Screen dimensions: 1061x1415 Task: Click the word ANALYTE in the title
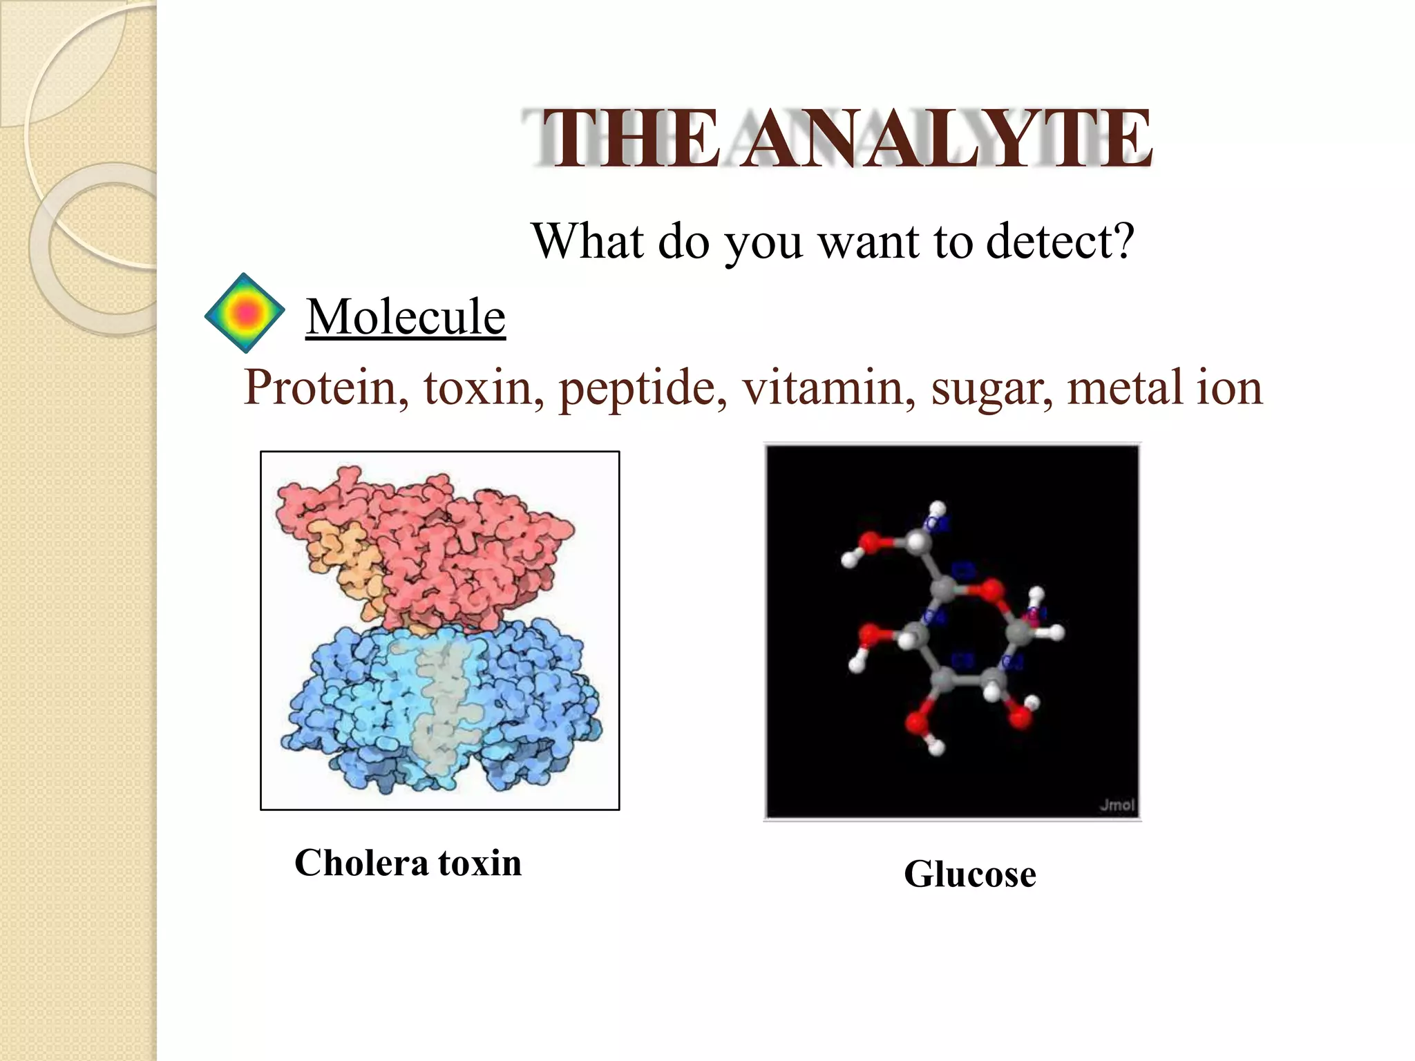tap(947, 140)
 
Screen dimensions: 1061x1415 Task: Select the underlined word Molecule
tap(406, 317)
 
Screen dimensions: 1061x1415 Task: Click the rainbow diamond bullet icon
tap(245, 314)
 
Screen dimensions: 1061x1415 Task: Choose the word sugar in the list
tap(991, 389)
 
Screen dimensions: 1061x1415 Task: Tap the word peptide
tap(643, 389)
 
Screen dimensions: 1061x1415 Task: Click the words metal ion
tap(1164, 388)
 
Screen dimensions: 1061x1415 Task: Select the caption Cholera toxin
tap(408, 863)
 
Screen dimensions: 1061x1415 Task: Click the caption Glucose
tap(969, 874)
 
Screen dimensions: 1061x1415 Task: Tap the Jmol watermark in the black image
tap(1116, 805)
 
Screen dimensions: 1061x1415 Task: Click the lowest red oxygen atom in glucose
tap(918, 723)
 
